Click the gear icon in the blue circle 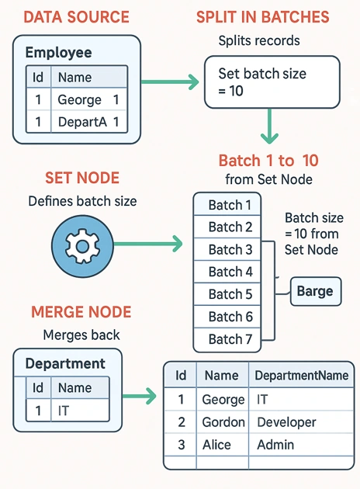pyautogui.click(x=82, y=246)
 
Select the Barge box pyautogui.click(x=316, y=291)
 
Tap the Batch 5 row pyautogui.click(x=227, y=294)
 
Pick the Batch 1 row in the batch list pyautogui.click(x=227, y=205)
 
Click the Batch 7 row pyautogui.click(x=227, y=340)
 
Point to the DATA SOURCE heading pyautogui.click(x=76, y=17)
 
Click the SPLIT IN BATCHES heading pyautogui.click(x=263, y=17)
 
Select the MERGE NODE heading pyautogui.click(x=81, y=312)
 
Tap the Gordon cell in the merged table pyautogui.click(x=223, y=422)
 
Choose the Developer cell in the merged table pyautogui.click(x=286, y=422)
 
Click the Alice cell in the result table pyautogui.click(x=216, y=445)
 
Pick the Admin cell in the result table pyautogui.click(x=275, y=445)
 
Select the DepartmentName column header pyautogui.click(x=301, y=376)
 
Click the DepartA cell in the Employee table pyautogui.click(x=82, y=122)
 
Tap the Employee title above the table pyautogui.click(x=59, y=53)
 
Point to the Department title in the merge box pyautogui.click(x=65, y=363)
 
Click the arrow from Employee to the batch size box pyautogui.click(x=170, y=82)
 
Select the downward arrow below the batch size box pyautogui.click(x=269, y=126)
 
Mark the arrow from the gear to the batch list pyautogui.click(x=147, y=244)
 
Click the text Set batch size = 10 pyautogui.click(x=262, y=82)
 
